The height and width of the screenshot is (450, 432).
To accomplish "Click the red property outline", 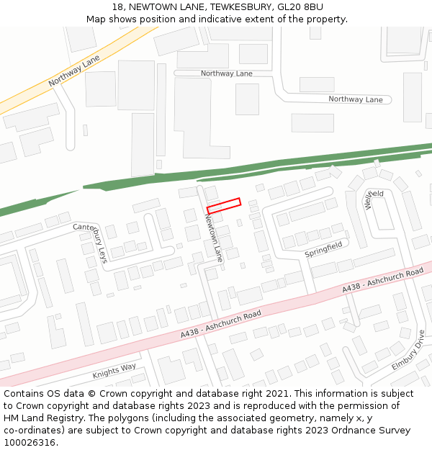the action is tap(223, 206).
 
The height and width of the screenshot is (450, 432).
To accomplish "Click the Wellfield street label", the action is tap(374, 199).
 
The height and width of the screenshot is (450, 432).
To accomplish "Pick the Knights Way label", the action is tap(114, 372).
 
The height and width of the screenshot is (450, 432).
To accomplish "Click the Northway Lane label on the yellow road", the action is tap(74, 72).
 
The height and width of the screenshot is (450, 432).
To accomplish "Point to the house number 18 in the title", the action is tap(118, 6).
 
